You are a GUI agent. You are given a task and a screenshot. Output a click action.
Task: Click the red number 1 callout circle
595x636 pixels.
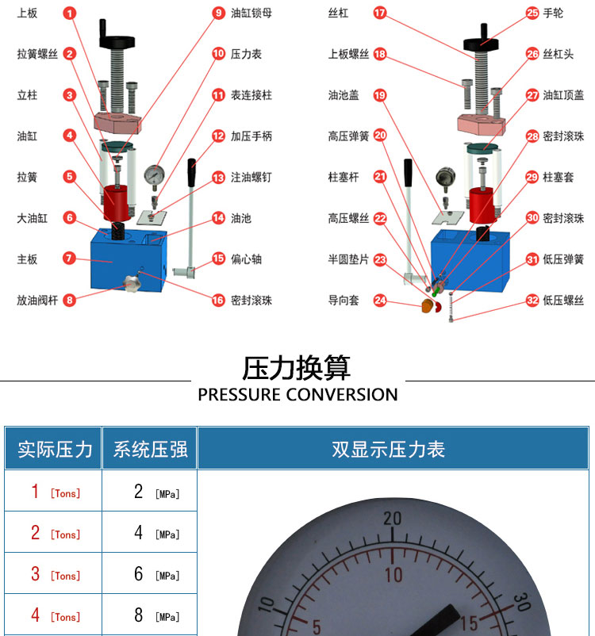69,13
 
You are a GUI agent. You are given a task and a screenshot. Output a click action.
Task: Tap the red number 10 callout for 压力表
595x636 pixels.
218,54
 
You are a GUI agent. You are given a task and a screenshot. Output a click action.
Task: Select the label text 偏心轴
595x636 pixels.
247,259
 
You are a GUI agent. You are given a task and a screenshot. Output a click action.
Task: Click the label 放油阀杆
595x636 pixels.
37,300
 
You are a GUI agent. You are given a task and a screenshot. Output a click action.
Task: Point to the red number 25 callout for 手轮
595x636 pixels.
532,13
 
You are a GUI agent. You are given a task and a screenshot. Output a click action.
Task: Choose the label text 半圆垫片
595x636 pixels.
348,259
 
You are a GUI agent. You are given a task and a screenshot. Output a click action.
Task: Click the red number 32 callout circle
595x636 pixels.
532,300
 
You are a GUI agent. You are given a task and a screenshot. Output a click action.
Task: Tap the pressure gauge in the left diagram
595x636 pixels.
154,178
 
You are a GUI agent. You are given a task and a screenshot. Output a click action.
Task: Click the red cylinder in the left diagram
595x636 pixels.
117,203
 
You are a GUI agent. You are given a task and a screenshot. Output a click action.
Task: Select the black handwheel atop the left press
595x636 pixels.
117,40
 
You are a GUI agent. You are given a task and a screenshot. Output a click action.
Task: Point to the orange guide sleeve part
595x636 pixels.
427,306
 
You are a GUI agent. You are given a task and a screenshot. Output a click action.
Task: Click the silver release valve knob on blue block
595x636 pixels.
132,283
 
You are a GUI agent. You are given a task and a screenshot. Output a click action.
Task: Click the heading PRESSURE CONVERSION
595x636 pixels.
297,395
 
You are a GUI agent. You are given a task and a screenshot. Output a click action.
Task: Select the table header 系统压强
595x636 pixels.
150,449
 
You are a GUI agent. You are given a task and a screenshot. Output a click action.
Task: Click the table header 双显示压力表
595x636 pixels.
389,449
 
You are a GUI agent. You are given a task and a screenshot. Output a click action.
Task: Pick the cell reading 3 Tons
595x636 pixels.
56,574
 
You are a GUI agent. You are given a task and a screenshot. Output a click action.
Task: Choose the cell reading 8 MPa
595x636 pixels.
156,615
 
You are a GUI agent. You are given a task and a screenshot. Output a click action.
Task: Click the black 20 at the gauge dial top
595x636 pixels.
393,519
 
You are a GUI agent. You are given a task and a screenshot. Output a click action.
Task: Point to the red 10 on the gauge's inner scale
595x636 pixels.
393,575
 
